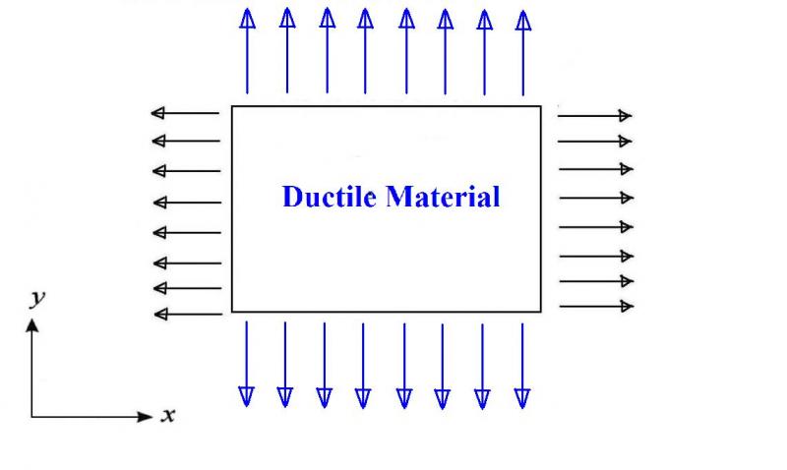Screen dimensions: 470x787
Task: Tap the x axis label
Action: pyautogui.click(x=168, y=415)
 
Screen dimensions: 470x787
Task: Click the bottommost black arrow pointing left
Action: pyautogui.click(x=189, y=315)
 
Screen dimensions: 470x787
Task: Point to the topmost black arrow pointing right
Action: pyautogui.click(x=594, y=115)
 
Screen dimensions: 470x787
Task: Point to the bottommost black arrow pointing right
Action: pyautogui.click(x=596, y=307)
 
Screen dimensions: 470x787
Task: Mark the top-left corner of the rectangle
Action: pyautogui.click(x=231, y=105)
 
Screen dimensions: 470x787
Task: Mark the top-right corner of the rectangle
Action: pyautogui.click(x=541, y=105)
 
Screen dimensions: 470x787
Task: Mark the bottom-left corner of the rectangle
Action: pyautogui.click(x=231, y=312)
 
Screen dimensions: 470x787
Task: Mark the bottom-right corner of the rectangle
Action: pyautogui.click(x=541, y=312)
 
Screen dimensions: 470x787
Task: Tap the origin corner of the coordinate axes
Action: pyautogui.click(x=32, y=417)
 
